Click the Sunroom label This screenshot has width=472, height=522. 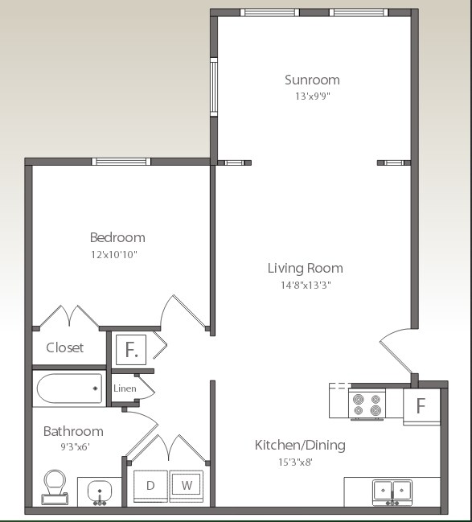point(312,80)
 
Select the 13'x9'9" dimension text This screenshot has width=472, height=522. point(312,97)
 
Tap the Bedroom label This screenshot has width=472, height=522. point(117,237)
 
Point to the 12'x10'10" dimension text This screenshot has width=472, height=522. point(117,254)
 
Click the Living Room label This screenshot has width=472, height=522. point(305,268)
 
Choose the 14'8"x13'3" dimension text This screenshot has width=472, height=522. point(305,285)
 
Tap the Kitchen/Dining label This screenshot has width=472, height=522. point(300,445)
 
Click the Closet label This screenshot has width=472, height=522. point(65,347)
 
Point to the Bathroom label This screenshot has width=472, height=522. point(73,431)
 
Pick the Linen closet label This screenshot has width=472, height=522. point(125,388)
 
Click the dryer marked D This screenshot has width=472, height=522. point(150,486)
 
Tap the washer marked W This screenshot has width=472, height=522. point(187,486)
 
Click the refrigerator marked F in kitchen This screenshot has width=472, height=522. point(421,405)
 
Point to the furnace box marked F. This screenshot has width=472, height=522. point(131,350)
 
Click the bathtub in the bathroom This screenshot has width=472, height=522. point(69,389)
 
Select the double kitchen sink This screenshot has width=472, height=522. point(392,490)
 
